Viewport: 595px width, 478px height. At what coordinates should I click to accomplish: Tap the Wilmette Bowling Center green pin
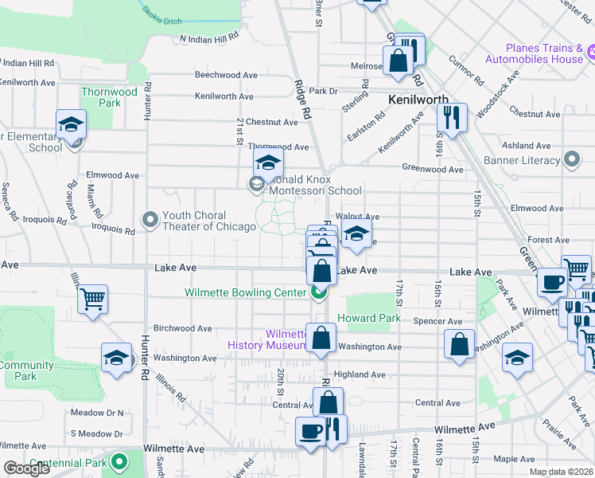pos(319,292)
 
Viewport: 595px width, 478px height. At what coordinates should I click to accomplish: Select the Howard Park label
pos(368,318)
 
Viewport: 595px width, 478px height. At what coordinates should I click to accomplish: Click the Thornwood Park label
pos(109,97)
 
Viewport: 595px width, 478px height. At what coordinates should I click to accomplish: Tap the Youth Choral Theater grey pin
pos(150,218)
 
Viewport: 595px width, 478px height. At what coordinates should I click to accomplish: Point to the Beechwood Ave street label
pos(227,75)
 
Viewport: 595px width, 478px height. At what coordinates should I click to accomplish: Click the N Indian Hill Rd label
pos(209,38)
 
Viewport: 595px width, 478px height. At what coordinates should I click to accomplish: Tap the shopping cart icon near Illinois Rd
pos(93,300)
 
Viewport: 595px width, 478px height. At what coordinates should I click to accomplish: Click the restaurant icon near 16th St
pos(452,117)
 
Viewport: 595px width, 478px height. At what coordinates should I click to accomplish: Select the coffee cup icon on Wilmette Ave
pos(309,431)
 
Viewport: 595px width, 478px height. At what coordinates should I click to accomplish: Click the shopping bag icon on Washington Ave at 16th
pos(460,344)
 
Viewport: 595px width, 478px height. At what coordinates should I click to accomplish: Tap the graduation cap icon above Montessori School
pos(269,164)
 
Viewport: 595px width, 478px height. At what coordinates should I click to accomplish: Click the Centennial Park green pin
pos(119,461)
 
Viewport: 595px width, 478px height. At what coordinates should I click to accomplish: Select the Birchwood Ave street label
pos(183,328)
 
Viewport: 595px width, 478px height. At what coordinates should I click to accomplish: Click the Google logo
pos(27,469)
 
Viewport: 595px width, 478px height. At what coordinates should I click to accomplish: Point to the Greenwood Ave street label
pos(432,169)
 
